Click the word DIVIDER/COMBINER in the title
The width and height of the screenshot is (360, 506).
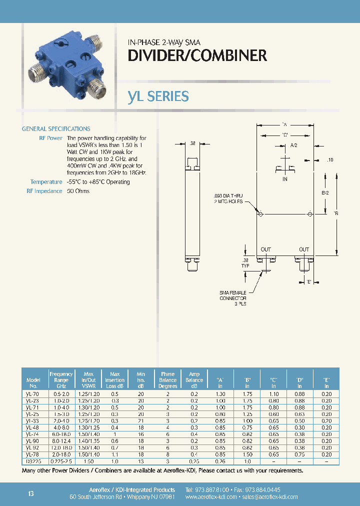197,56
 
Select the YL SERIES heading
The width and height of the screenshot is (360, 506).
158,96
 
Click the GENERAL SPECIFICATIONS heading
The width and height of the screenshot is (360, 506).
56,129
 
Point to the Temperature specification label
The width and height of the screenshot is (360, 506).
46,182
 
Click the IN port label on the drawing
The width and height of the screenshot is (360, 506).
285,178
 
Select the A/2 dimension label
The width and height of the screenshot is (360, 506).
293,145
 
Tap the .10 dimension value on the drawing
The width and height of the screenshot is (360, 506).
329,160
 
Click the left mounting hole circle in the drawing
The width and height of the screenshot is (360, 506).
260,214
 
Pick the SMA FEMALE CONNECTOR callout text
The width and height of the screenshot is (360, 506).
233,297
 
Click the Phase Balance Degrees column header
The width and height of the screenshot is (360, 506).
168,380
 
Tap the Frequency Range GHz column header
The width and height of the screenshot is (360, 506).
61,380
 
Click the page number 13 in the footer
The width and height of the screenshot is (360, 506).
31,494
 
